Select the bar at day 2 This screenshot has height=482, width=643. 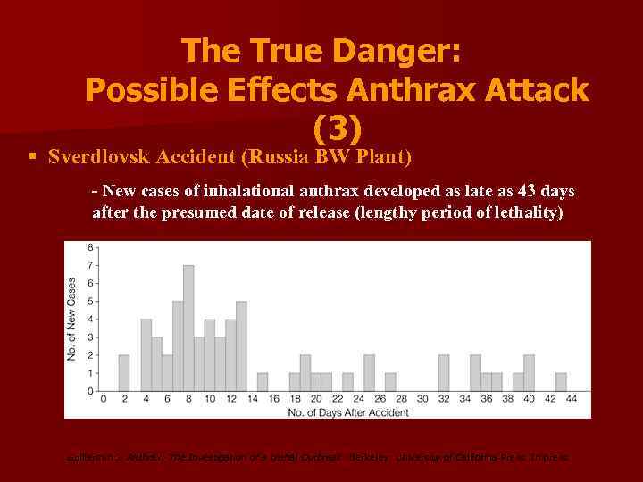(x=124, y=373)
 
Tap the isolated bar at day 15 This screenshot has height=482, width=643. (x=263, y=382)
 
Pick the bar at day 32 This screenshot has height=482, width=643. (x=444, y=373)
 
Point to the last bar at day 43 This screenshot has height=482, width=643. (x=561, y=382)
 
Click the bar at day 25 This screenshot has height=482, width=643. (x=369, y=373)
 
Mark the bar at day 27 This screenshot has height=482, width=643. (x=390, y=382)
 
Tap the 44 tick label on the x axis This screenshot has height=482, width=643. (x=572, y=399)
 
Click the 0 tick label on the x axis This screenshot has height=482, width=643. (x=103, y=399)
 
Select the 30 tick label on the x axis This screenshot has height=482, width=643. (x=422, y=399)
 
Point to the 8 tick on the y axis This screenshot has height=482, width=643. (x=90, y=247)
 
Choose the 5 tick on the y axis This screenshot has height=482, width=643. (x=90, y=302)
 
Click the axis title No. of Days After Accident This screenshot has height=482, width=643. (x=337, y=411)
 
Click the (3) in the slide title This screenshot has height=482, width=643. (x=337, y=129)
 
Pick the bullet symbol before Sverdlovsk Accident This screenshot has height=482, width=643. (x=32, y=157)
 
